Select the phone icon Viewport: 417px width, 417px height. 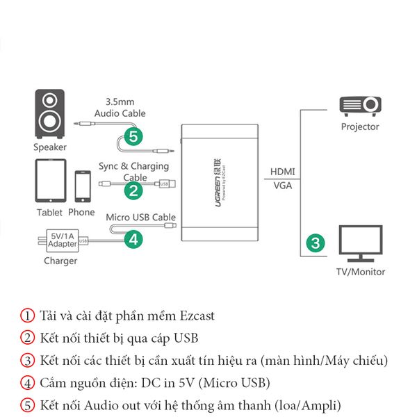tap(83, 186)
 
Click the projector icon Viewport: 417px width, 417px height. tap(360, 106)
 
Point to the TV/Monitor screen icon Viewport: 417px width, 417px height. tap(361, 243)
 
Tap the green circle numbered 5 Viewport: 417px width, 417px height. tap(135, 136)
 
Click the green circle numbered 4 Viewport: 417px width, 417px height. tap(135, 240)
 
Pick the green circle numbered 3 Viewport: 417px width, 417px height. tap(316, 243)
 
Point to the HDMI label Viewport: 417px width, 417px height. tap(282, 172)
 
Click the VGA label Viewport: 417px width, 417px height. tap(282, 186)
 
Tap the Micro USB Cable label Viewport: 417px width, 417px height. tap(140, 217)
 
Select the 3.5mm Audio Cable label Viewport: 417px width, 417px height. tap(120, 107)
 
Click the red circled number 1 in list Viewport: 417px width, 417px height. tap(26, 316)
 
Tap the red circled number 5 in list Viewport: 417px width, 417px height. tap(26, 404)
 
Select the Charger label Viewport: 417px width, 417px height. tap(60, 261)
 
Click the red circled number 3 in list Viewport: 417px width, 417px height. tap(26, 360)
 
